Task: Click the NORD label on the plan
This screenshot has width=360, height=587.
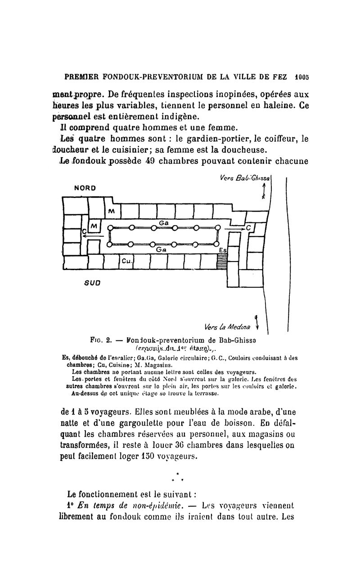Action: click(x=85, y=187)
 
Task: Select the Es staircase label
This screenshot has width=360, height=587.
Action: click(x=222, y=250)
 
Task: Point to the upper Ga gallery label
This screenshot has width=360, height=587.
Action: click(x=164, y=222)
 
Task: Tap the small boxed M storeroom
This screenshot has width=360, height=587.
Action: click(x=94, y=225)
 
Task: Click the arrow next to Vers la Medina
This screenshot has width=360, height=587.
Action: click(x=256, y=322)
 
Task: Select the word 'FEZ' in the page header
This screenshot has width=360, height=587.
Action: click(x=279, y=77)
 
